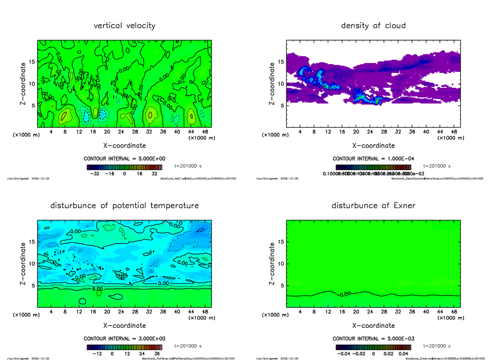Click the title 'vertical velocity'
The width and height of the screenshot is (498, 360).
point(124,26)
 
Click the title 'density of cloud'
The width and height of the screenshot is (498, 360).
point(373,26)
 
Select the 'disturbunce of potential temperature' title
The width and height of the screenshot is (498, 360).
point(124,206)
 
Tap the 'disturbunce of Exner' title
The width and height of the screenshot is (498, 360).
point(373,206)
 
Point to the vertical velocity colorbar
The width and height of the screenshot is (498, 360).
point(124,167)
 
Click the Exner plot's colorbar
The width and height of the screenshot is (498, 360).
point(373,347)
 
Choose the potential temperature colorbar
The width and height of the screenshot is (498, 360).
point(124,347)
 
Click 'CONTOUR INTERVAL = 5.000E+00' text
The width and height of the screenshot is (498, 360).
point(124,159)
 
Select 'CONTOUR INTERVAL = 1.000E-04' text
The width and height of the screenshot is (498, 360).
point(373,159)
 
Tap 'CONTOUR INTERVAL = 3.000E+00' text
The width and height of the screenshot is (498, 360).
point(124,339)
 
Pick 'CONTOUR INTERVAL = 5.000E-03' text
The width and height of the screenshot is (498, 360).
point(373,339)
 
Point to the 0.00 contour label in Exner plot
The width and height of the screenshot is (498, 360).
point(345,294)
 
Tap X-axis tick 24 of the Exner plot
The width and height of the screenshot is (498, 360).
point(370,312)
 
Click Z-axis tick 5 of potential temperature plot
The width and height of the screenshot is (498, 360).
point(33,285)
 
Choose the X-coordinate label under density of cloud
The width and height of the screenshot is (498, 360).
point(373,146)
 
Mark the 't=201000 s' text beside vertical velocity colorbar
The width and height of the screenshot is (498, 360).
point(188,165)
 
